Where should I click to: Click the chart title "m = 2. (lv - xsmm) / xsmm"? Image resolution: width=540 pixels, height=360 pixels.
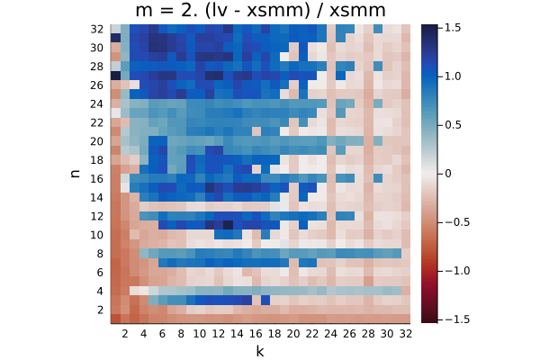point(260,10)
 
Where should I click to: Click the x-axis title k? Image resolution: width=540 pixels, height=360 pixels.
point(260,351)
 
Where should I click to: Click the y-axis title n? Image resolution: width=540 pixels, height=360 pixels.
point(75,174)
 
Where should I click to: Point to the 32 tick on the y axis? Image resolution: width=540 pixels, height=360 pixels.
point(97,30)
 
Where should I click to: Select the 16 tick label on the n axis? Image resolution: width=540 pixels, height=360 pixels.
point(97,179)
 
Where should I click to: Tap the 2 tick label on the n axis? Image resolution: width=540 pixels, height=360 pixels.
point(100,310)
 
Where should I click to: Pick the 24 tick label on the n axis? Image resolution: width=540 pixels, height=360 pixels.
point(97,104)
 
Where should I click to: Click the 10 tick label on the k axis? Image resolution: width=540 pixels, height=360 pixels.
point(200,334)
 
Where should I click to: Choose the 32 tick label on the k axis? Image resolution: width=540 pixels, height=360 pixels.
point(405,334)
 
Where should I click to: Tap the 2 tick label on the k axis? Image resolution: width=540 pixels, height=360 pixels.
point(125,334)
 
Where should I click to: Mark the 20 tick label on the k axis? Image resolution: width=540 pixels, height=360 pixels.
point(293,334)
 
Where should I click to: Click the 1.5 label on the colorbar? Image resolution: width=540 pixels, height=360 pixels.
point(453,28)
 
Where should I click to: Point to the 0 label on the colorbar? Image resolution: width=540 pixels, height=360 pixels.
point(448,174)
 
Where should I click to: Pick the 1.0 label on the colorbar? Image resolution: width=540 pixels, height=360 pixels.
point(453,76)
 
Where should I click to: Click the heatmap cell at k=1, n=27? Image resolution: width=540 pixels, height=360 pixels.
point(116,76)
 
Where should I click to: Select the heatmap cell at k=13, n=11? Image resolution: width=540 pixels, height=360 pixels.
point(228,225)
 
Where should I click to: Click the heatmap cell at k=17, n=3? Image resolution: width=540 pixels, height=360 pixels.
point(265,300)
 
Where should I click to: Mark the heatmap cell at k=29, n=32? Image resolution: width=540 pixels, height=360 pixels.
point(378,30)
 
